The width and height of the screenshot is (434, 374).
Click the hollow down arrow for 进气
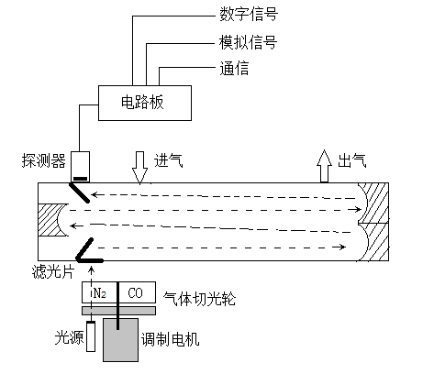(140, 164)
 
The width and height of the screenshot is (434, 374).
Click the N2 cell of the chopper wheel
(100, 293)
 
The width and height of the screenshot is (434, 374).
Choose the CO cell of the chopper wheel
(134, 293)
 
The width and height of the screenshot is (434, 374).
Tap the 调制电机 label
(171, 339)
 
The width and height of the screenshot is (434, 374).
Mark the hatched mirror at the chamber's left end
(48, 221)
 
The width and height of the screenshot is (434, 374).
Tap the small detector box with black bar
(81, 166)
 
